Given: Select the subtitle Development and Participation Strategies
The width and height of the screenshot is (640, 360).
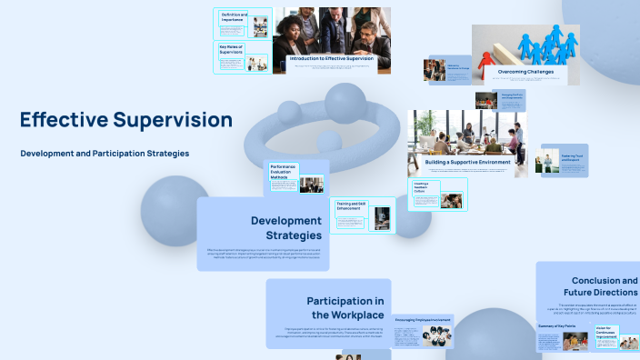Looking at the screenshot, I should point(105,154).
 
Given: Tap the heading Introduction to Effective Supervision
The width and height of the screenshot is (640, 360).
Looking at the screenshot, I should point(331,58).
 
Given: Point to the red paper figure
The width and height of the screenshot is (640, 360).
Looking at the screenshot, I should point(486,56).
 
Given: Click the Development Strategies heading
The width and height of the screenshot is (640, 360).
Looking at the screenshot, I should point(286,227).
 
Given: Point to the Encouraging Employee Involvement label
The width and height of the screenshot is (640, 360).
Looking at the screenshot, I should point(424,320).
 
